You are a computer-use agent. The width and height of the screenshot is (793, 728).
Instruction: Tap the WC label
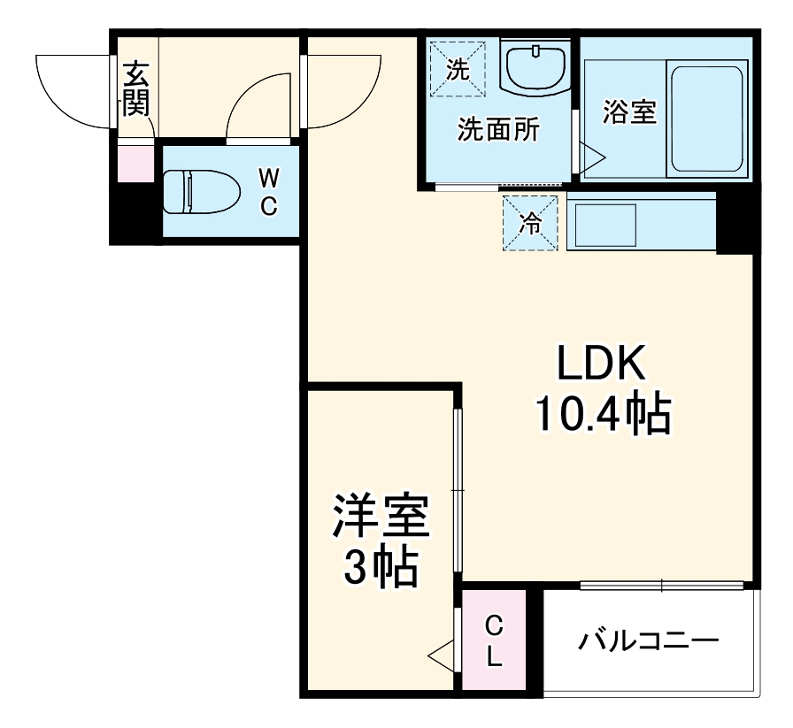pos(269,191)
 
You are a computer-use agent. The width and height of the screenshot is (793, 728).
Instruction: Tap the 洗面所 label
pos(497,130)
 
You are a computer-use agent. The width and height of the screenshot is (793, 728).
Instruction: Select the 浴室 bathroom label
pos(629,112)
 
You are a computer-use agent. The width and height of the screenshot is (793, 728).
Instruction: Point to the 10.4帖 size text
pos(602,413)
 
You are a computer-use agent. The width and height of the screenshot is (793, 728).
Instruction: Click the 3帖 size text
pos(381,569)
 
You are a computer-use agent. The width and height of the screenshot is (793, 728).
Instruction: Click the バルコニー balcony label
pos(648,640)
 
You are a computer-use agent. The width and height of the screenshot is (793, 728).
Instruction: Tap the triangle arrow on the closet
pos(441,655)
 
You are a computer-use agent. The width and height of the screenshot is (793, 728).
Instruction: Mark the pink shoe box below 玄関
pos(135,165)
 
